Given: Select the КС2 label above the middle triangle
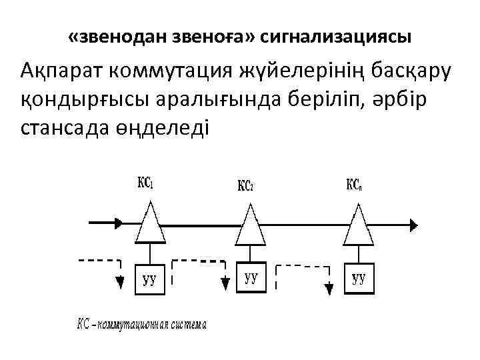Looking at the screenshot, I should coord(245,185).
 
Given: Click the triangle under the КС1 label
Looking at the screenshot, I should coord(151,223).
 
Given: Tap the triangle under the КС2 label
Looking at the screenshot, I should coord(251,225).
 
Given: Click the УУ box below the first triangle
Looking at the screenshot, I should coord(151,279).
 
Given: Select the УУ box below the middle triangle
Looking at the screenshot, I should coord(251,277).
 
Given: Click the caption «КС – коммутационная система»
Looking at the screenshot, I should coord(142,325).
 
